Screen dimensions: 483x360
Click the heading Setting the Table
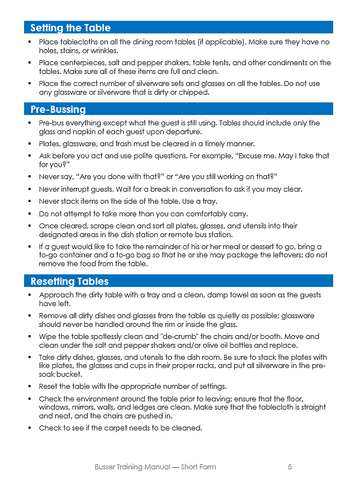71,28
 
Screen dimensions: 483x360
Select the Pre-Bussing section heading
58,110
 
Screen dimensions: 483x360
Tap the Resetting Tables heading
69,281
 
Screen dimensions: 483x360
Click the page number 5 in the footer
289,467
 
